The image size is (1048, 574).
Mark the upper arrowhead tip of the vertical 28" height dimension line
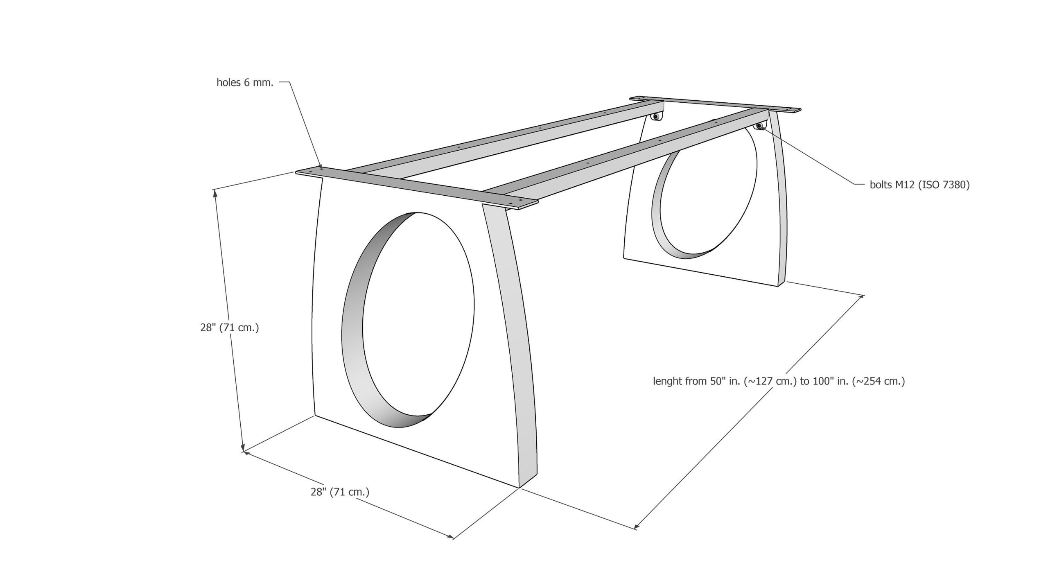(215, 190)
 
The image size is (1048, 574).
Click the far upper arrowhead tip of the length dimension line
(864, 296)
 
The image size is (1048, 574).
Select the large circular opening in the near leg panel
(408, 320)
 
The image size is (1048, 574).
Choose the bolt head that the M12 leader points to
(759, 126)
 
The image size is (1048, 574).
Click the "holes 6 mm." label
(245, 83)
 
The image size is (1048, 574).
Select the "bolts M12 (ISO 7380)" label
(920, 185)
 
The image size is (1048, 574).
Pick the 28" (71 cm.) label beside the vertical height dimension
(230, 328)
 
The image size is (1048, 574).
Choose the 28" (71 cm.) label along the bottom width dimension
(340, 492)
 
